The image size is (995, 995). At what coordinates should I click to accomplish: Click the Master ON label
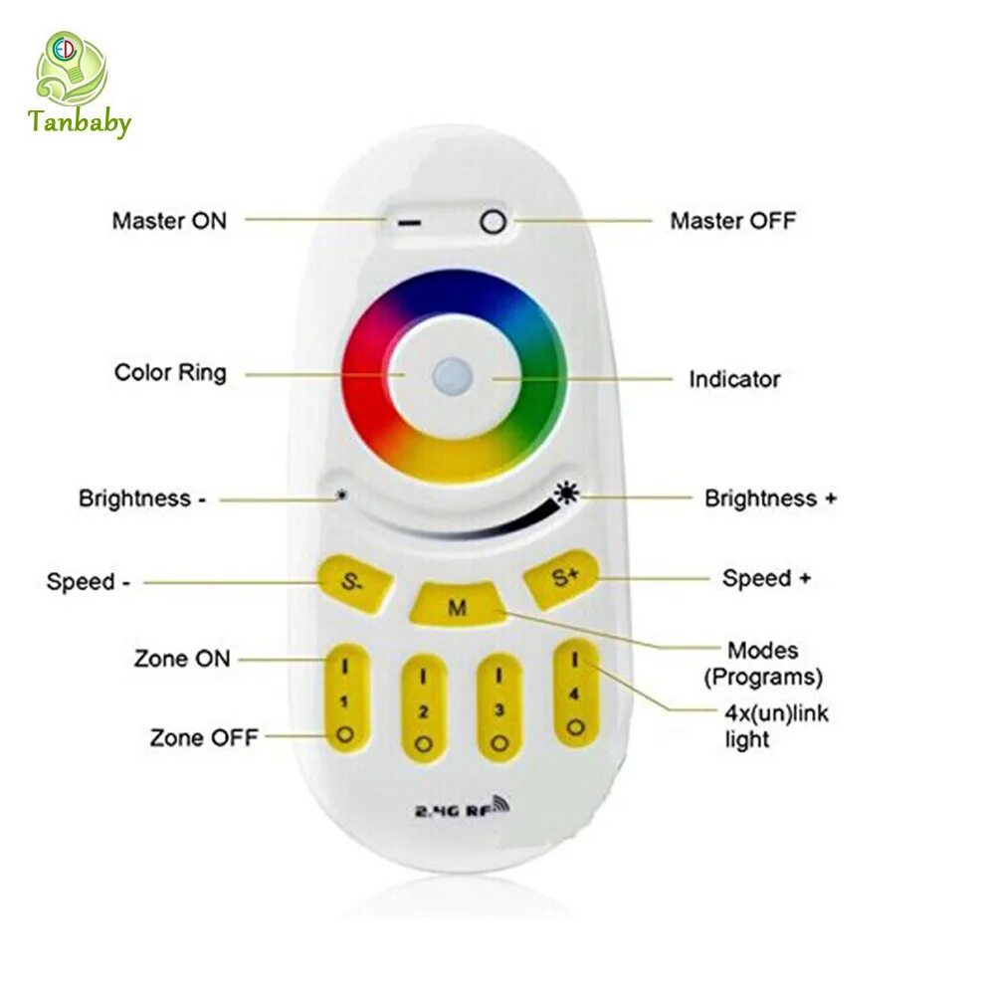point(169,220)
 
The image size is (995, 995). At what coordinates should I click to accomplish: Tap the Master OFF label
point(732,220)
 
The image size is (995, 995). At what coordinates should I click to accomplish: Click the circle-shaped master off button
point(493,222)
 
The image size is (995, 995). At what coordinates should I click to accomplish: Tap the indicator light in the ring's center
point(454,376)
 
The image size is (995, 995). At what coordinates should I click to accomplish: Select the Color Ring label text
point(170,373)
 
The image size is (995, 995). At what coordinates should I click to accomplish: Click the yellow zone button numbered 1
point(344,701)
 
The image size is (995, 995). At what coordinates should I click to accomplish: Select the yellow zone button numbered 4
point(574,694)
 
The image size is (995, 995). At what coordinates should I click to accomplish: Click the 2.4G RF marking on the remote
point(461,807)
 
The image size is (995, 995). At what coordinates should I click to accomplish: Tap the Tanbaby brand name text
point(79,124)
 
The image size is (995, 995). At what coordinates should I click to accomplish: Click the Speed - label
point(88,581)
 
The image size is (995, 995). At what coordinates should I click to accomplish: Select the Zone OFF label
point(204,737)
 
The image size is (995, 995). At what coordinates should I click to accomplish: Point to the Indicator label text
point(734,379)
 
